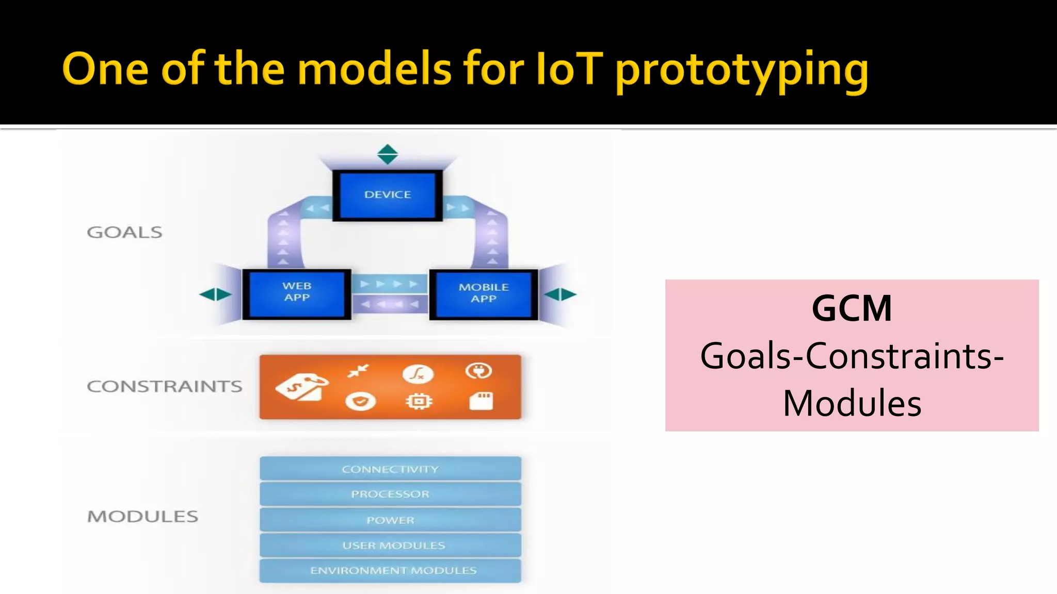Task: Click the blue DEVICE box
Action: pyautogui.click(x=388, y=195)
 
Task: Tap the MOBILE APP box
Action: pyautogui.click(x=484, y=293)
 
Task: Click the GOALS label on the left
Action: pyautogui.click(x=124, y=233)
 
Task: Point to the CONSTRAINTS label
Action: pyautogui.click(x=164, y=386)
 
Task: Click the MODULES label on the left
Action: pyautogui.click(x=142, y=516)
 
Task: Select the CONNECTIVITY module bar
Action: pyautogui.click(x=390, y=469)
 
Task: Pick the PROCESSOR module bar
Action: pyautogui.click(x=390, y=494)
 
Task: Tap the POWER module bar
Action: pyautogui.click(x=390, y=520)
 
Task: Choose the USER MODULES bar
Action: pyautogui.click(x=390, y=545)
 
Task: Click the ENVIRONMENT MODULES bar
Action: pyautogui.click(x=390, y=570)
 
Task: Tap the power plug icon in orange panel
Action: pyautogui.click(x=478, y=371)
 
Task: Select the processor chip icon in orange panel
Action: pyautogui.click(x=418, y=401)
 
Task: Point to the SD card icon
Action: pyautogui.click(x=481, y=401)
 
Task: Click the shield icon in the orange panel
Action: pyautogui.click(x=360, y=401)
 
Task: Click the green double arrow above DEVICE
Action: pyautogui.click(x=388, y=154)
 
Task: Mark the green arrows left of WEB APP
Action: pyautogui.click(x=215, y=294)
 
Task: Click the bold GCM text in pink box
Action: pyautogui.click(x=852, y=308)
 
